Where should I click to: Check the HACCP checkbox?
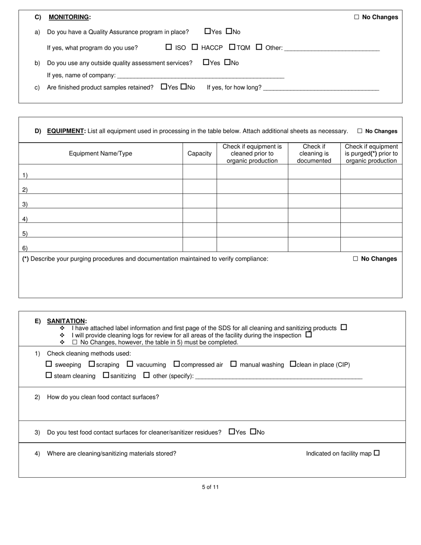coord(195,47)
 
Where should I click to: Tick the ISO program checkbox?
coord(168,47)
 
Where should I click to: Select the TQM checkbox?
coord(232,47)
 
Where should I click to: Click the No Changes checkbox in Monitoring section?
coord(356,17)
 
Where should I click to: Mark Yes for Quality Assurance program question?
coord(207,31)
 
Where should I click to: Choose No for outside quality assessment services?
coord(227,62)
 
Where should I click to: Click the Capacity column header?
coord(199,153)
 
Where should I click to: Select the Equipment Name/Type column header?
coord(101,153)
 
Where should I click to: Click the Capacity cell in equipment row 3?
coord(199,201)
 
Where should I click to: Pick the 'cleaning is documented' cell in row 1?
coord(314,172)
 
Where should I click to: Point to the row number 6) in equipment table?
coord(25,248)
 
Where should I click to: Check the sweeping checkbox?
coord(49,364)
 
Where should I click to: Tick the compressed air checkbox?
coord(176,364)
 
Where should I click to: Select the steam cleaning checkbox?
coord(49,375)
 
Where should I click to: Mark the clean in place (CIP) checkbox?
coord(293,364)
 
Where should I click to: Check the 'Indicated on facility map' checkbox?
coord(377,453)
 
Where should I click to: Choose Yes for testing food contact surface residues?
coord(232,432)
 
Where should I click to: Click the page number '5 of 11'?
coord(210,487)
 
